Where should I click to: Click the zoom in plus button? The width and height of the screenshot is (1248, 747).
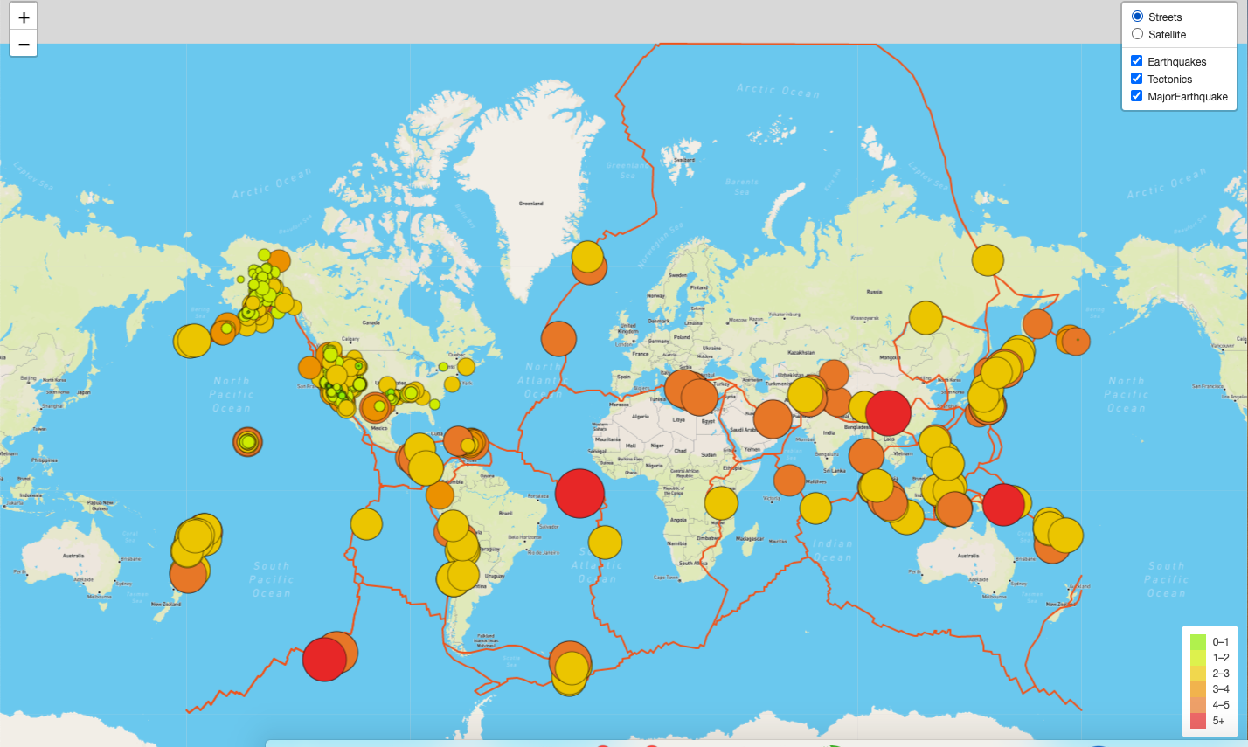coord(24,17)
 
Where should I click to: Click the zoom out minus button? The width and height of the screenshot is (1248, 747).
coord(24,43)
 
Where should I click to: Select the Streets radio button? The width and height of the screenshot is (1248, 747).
coord(1137,17)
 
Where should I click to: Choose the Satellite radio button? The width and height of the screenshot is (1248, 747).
coord(1137,34)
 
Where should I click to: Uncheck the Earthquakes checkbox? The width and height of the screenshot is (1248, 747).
coord(1136,61)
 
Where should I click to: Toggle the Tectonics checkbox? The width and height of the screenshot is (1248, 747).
coord(1136,79)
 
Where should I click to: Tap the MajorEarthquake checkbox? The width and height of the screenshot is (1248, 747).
coord(1136,96)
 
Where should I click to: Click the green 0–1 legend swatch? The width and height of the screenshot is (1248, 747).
coord(1197,641)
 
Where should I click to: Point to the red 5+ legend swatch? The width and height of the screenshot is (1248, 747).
coord(1197,721)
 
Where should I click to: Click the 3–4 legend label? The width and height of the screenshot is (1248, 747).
coord(1221,689)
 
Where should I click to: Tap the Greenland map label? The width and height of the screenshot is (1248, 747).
coord(530,204)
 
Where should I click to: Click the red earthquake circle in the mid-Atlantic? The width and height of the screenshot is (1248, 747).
coord(579,494)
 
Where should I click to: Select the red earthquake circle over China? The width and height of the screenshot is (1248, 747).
coord(888,412)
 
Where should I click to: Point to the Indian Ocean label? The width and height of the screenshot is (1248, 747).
coord(831,550)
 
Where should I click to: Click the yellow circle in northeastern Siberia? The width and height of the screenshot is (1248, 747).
coord(988,259)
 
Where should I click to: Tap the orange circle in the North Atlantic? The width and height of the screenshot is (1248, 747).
coord(558,339)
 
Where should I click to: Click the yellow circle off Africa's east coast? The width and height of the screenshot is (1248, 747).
coord(721,502)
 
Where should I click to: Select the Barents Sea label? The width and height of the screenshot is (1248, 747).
coord(742,186)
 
